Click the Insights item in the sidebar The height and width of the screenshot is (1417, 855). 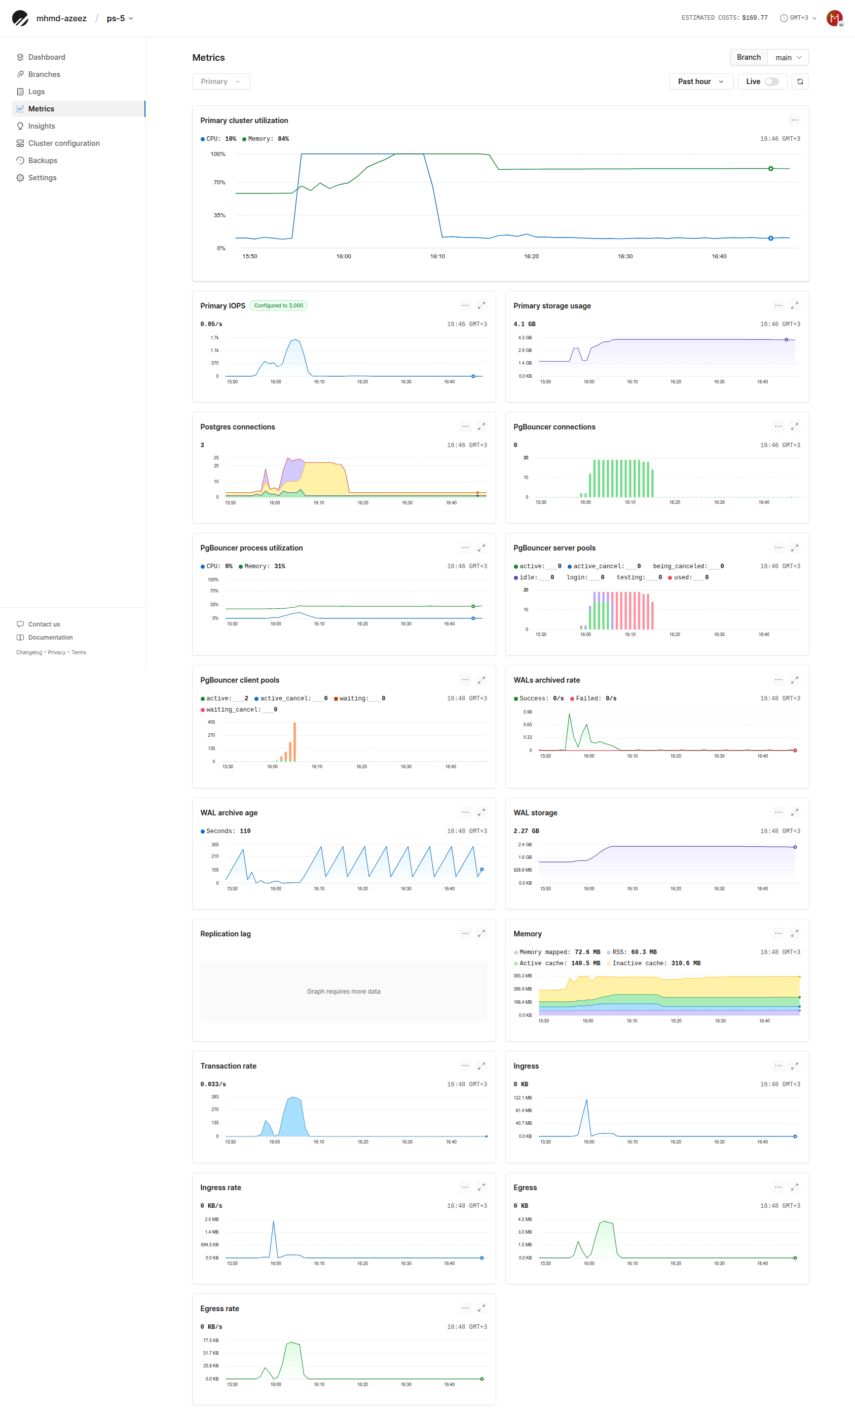42,126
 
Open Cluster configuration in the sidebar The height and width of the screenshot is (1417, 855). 63,143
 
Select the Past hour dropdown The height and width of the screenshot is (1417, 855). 700,82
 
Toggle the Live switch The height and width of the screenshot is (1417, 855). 771,82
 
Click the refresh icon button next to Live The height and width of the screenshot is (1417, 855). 800,82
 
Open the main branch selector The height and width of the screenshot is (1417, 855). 787,58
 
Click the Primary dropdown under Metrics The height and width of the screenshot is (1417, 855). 220,82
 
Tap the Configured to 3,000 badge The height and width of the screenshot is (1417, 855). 278,306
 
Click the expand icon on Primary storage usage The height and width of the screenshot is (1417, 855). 794,306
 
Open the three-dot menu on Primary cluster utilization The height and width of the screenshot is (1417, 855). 794,121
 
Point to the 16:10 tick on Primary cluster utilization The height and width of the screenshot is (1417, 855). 437,256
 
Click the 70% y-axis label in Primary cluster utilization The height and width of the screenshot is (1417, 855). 219,182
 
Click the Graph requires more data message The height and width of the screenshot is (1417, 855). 344,992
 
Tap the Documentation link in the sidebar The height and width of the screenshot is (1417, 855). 50,637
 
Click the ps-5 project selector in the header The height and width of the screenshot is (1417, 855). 120,18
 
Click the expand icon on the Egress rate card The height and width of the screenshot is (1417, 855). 481,1308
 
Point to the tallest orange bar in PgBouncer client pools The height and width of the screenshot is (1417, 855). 294,742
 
